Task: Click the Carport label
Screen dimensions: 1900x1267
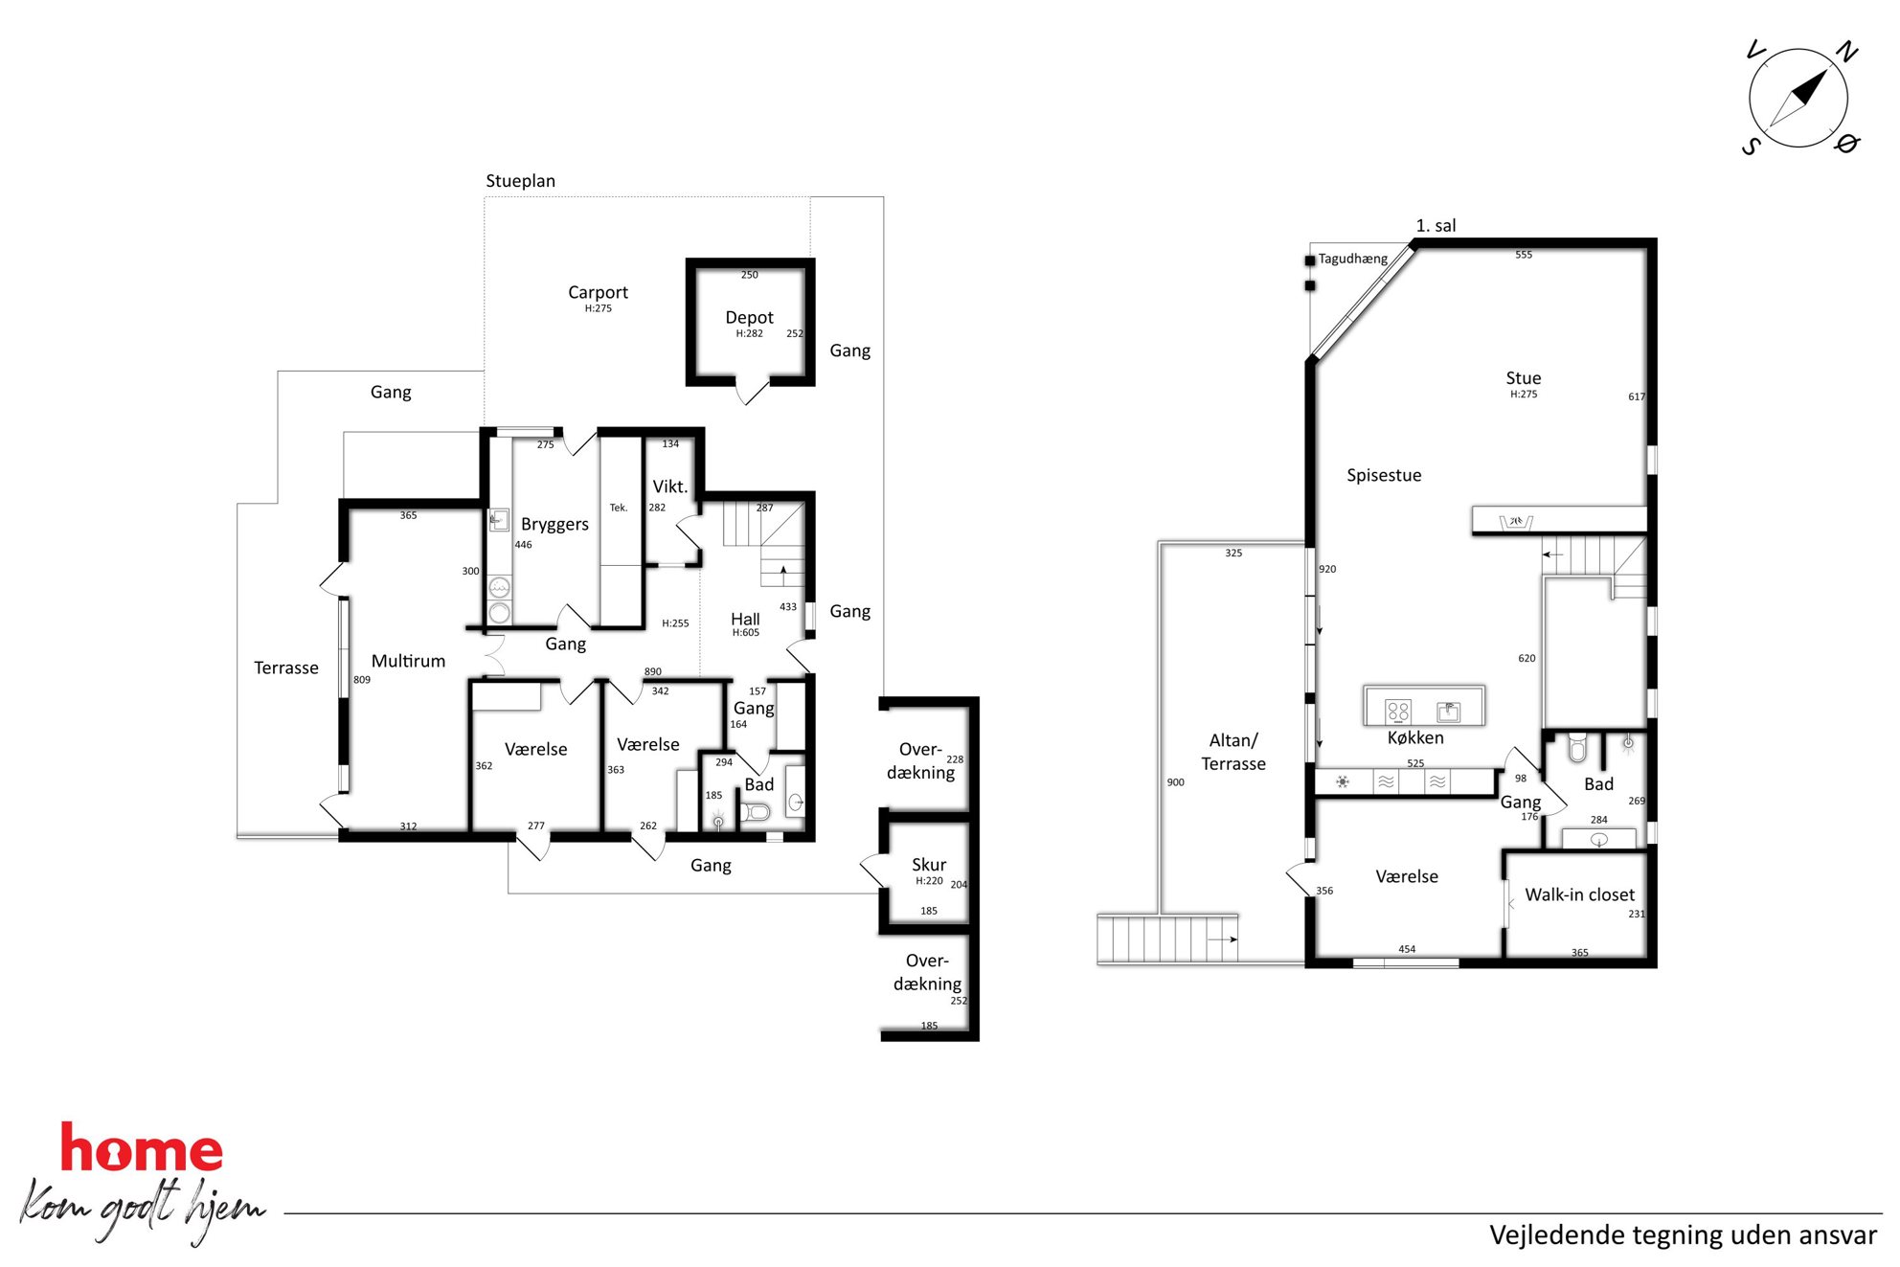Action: [598, 292]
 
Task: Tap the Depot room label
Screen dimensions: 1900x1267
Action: [749, 317]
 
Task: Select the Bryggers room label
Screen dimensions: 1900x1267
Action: [554, 525]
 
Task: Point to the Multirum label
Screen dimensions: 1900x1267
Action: [408, 661]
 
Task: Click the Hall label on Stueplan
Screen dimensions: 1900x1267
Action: [745, 619]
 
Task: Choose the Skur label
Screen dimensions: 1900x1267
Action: [929, 865]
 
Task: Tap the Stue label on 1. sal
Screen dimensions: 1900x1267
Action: [1523, 378]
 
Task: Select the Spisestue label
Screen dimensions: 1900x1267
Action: [1384, 475]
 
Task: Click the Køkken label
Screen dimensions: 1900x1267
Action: [1415, 737]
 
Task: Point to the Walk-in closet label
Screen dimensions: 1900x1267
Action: [1579, 894]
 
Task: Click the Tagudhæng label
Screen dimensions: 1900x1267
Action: [1352, 259]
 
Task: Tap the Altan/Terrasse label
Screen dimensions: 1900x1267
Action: [1233, 752]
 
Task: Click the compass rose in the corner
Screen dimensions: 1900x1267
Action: [1798, 98]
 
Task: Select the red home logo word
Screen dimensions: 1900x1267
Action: [142, 1148]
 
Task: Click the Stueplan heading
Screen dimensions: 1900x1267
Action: [520, 181]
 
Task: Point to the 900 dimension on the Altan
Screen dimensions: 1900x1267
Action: [1175, 782]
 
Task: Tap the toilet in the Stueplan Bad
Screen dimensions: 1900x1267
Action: [756, 813]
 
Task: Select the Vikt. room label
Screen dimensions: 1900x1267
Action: [669, 486]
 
